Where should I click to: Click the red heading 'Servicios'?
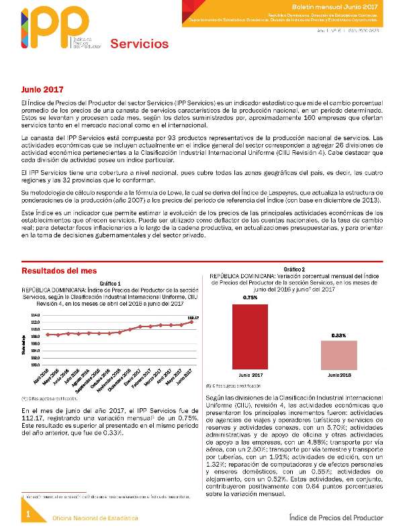point(139,44)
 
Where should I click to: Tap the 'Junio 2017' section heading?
point(42,88)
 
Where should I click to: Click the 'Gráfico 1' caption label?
point(110,284)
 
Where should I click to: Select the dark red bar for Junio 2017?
point(250,335)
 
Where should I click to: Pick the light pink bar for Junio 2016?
point(338,353)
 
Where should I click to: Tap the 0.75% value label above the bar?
point(250,297)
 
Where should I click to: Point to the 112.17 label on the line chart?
point(192,316)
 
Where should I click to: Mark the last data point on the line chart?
point(192,322)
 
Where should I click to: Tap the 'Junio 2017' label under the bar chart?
point(250,374)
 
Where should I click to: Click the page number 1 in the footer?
point(29,514)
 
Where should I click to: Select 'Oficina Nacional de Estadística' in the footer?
point(95,518)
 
